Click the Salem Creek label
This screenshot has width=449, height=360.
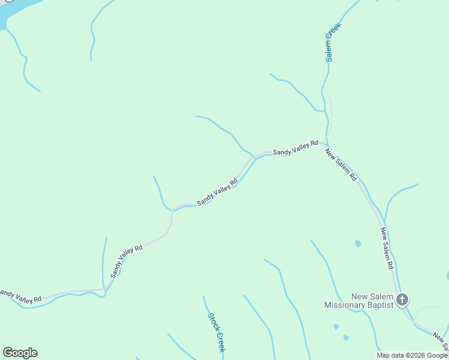point(333,42)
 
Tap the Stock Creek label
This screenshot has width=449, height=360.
point(217,332)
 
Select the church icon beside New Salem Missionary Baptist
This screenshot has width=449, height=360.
point(402,299)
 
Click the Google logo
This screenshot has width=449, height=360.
point(20,353)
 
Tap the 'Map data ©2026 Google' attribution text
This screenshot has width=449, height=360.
point(412,355)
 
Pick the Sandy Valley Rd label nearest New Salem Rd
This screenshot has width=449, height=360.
point(295,148)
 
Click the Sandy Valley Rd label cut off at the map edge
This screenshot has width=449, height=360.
point(20,295)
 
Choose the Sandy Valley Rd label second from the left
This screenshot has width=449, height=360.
point(126,261)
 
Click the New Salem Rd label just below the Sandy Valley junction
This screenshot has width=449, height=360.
point(341,165)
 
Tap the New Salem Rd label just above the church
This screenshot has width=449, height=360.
point(387,248)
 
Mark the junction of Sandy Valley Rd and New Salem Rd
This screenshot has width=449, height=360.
point(325,143)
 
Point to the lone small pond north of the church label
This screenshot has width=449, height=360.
point(358,244)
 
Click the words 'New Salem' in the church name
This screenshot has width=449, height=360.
point(372,296)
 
